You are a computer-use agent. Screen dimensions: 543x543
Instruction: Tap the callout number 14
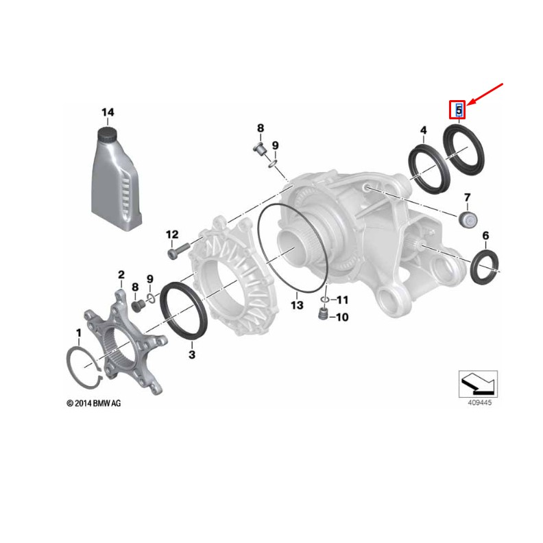[108, 113]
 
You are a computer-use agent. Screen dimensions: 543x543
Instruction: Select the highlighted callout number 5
[458, 109]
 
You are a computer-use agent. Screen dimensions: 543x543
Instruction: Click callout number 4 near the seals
[423, 130]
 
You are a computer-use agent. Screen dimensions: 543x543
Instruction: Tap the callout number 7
[467, 198]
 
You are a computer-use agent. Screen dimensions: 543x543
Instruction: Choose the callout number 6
[485, 237]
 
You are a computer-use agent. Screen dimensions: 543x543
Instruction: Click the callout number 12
[171, 234]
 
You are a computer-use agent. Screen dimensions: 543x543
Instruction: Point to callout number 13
[296, 304]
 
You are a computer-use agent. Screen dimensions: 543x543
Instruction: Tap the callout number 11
[342, 300]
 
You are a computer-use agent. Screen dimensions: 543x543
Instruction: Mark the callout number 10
[342, 317]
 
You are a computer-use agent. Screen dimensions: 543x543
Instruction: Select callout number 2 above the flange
[121, 276]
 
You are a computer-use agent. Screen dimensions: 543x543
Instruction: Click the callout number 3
[192, 354]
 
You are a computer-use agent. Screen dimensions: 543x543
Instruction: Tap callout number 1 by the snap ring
[79, 333]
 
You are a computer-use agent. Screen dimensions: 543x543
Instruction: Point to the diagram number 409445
[479, 404]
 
